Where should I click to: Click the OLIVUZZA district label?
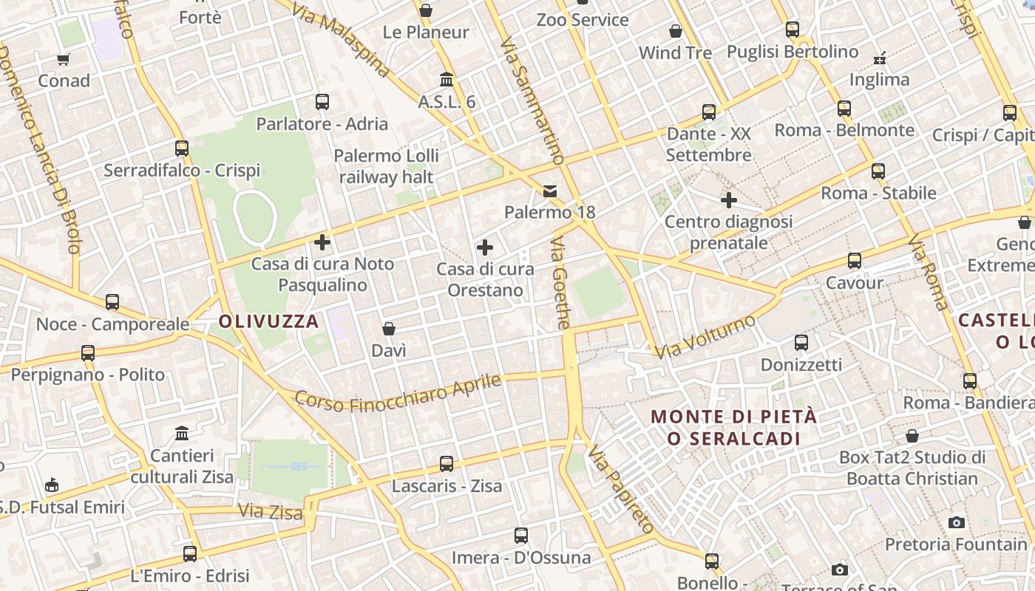[268, 321]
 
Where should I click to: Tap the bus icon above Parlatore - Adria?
[322, 102]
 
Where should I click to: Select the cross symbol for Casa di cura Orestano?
[485, 247]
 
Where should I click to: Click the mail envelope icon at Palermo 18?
[550, 191]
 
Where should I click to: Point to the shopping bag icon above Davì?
[389, 329]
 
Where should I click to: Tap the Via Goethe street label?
[561, 283]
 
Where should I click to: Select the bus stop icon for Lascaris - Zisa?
[447, 464]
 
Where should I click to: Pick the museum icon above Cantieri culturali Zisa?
[182, 433]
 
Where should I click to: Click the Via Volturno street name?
[705, 337]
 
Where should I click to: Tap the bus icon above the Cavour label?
[855, 261]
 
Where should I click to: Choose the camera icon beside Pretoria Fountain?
[957, 523]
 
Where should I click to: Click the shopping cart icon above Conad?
[64, 59]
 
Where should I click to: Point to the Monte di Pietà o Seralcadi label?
[734, 427]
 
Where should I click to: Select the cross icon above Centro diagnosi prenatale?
[729, 200]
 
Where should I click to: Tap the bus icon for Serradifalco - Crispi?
[182, 148]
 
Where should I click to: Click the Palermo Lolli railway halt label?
[387, 166]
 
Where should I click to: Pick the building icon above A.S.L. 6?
[447, 80]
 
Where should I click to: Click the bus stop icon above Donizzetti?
[801, 343]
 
